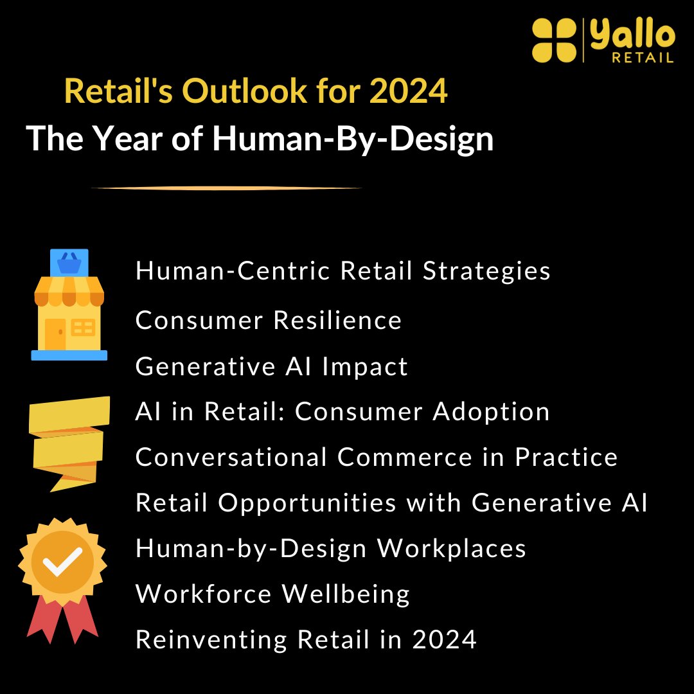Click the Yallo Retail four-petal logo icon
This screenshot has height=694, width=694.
[x=555, y=40]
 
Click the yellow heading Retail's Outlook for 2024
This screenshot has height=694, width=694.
[x=256, y=91]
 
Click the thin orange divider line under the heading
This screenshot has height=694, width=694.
[x=226, y=188]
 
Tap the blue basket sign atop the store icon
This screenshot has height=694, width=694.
[x=69, y=262]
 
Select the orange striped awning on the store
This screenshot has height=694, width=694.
[x=69, y=293]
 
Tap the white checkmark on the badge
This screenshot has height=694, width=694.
[x=62, y=561]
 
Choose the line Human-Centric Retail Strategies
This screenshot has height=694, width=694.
[x=343, y=271]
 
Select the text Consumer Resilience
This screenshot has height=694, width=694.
[x=269, y=319]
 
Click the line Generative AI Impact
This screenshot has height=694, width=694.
[x=272, y=366]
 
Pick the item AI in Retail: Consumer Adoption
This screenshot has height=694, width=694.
[x=343, y=411]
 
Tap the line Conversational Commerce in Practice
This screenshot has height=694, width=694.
[x=377, y=457]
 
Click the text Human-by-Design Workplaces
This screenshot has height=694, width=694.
[x=331, y=548]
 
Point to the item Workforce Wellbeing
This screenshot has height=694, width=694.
[x=273, y=594]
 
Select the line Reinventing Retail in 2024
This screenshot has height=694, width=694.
[x=306, y=639]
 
